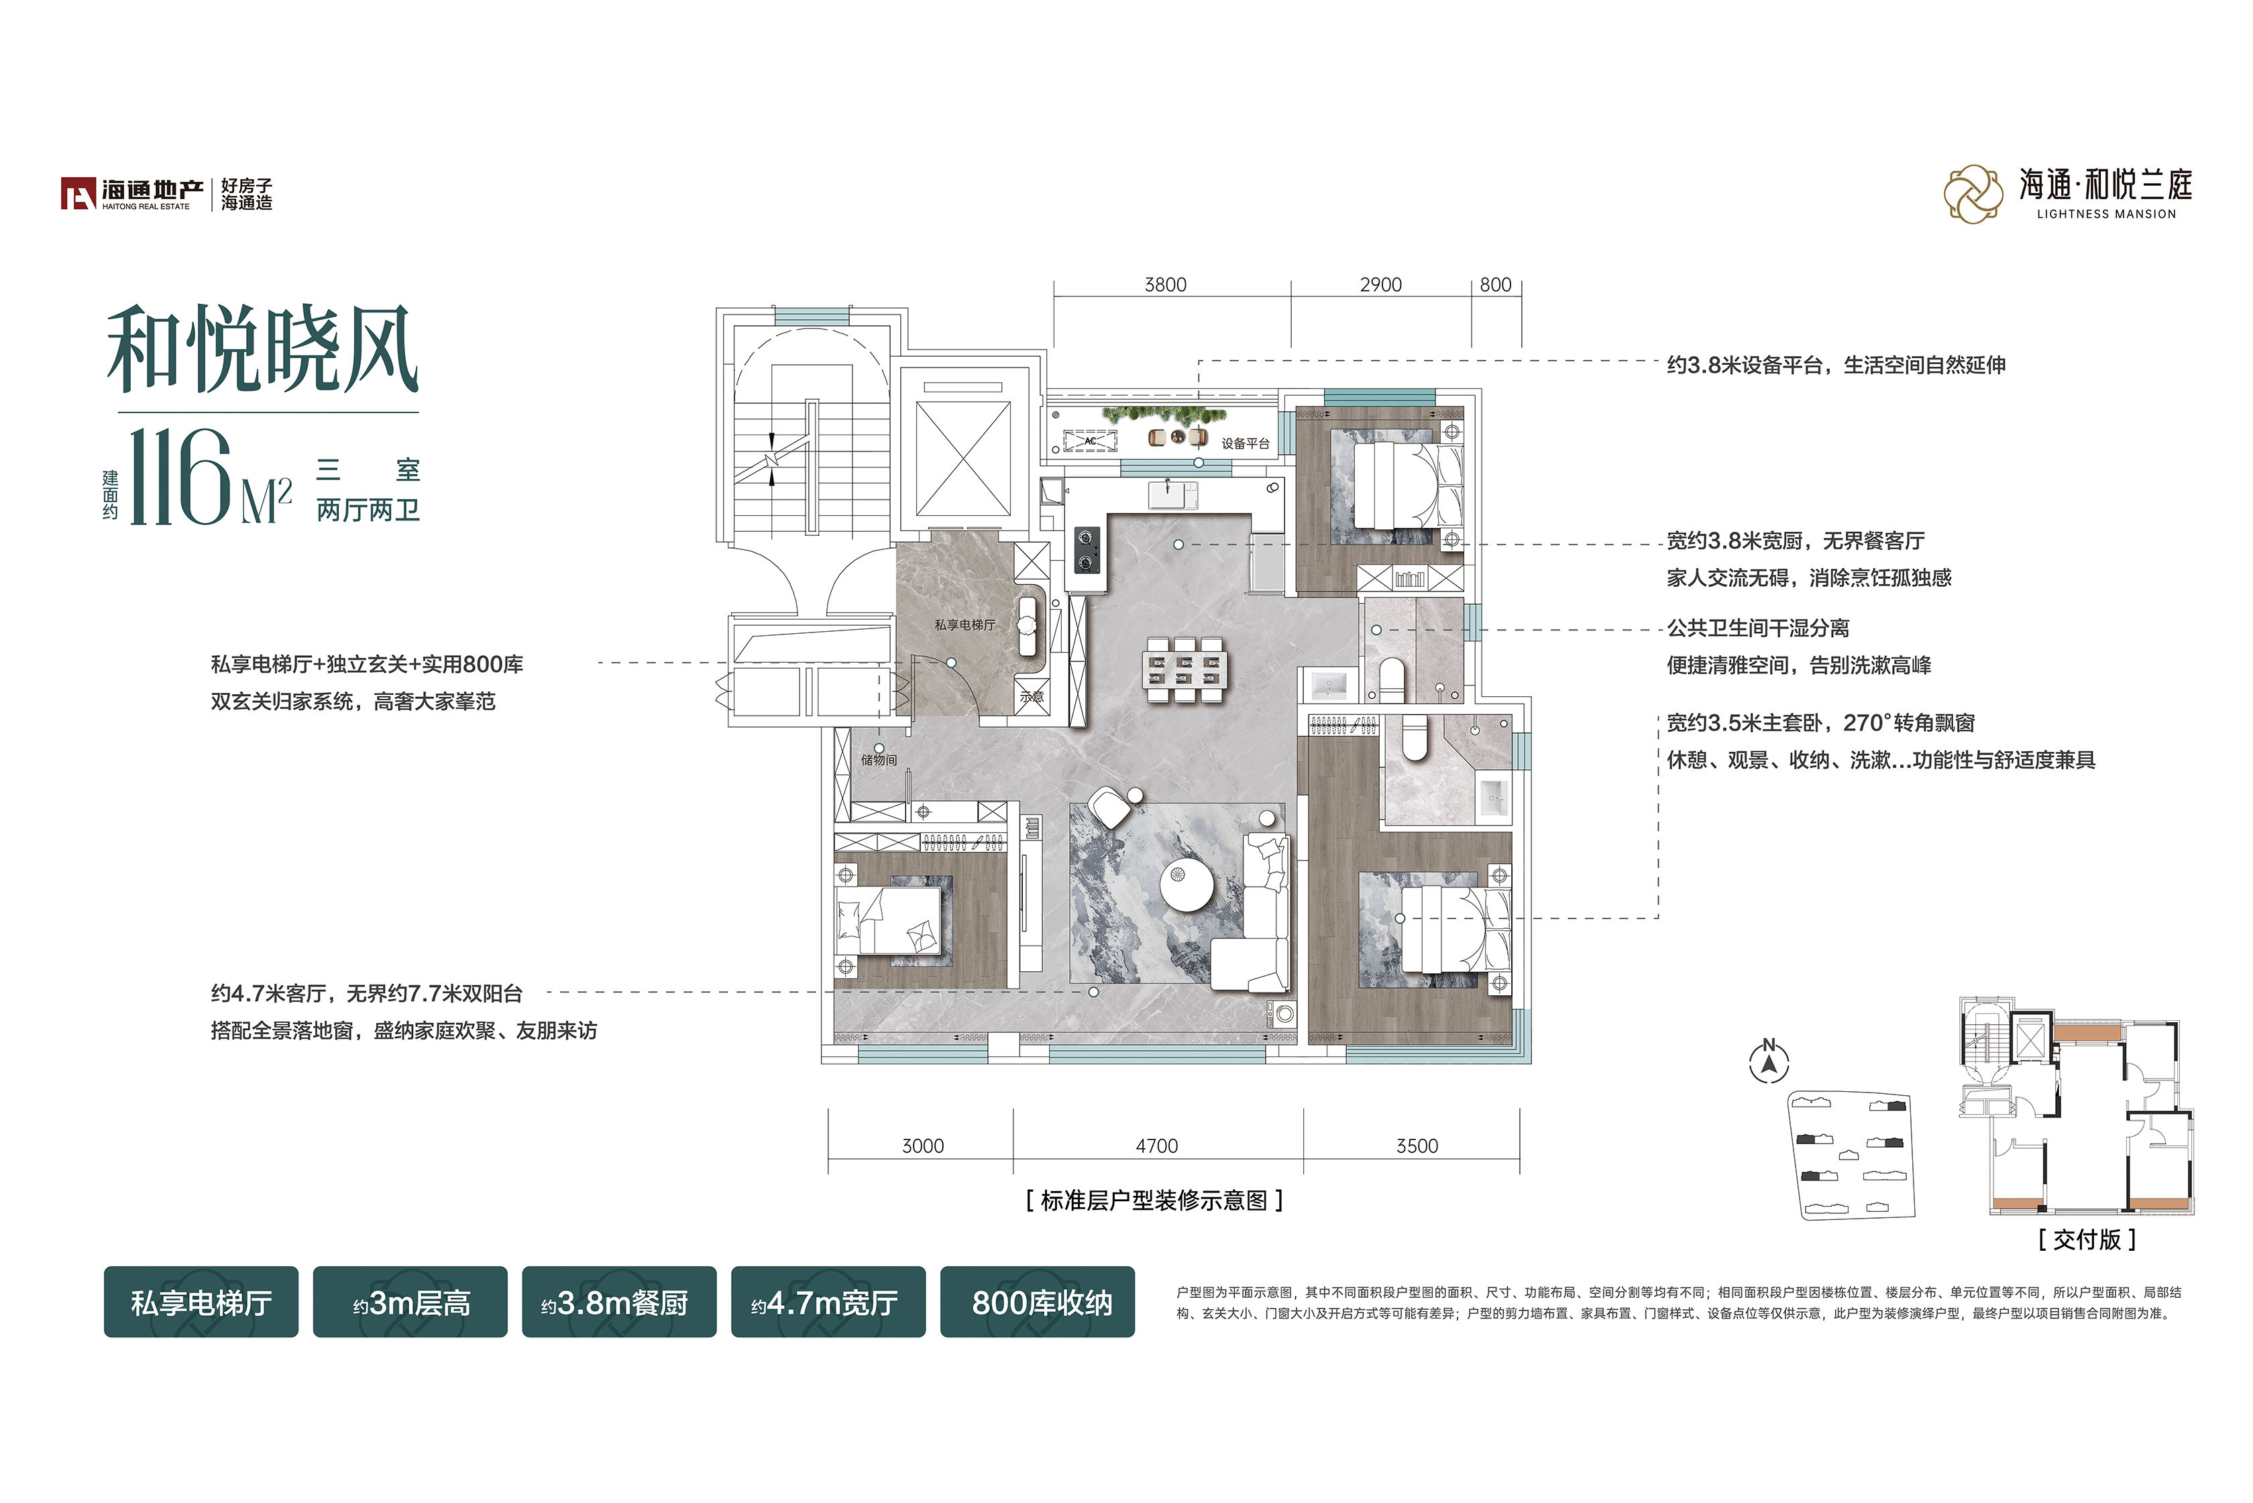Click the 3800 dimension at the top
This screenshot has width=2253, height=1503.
pos(1165,284)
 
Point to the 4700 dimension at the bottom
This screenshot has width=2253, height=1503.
pos(1157,1146)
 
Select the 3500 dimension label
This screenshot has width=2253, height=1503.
pos(1417,1146)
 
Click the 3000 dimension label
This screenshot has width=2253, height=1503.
pos(923,1146)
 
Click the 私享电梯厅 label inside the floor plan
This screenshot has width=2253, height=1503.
pos(965,625)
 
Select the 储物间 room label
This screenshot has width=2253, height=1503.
pos(879,760)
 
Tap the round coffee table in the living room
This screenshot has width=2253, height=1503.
pos(1187,885)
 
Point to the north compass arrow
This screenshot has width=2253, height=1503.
pos(1769,1062)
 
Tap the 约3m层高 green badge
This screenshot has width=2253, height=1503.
pos(410,1302)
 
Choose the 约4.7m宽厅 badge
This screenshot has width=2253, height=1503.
pos(828,1302)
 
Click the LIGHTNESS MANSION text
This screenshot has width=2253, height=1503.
pos(2105,215)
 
